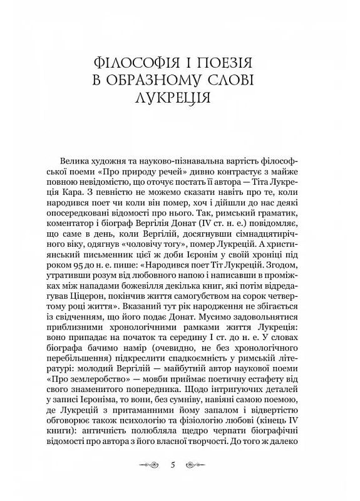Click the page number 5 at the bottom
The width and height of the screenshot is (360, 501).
[x=180, y=465]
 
